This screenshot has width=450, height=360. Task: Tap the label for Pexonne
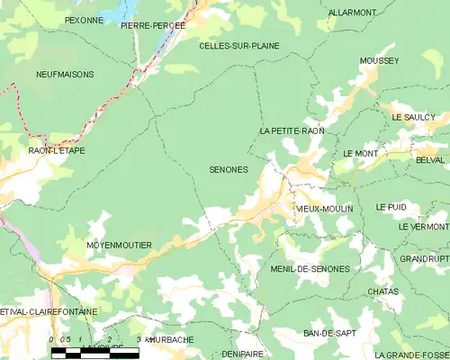point(84,19)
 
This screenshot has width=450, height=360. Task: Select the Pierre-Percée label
point(153,26)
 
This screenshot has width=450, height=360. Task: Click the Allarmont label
point(352,13)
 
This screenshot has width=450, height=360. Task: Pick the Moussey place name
point(379,60)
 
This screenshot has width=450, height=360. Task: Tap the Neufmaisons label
point(65,74)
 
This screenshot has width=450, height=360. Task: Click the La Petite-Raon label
point(292,131)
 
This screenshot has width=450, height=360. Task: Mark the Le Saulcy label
point(414,118)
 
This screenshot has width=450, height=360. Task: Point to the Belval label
point(430,159)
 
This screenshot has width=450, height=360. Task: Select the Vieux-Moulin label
point(324,209)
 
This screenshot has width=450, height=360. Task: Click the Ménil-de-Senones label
point(310,269)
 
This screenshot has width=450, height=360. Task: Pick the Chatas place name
point(383,292)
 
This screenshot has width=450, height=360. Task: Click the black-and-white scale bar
point(94,352)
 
